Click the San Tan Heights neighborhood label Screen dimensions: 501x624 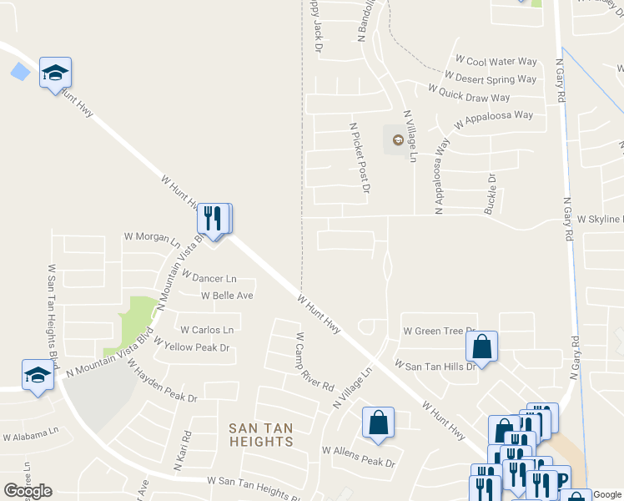click(x=261, y=434)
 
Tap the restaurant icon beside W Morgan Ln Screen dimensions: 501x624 click(x=214, y=220)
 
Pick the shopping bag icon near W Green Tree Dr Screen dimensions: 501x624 click(x=481, y=346)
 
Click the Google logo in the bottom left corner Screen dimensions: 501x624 click(x=28, y=490)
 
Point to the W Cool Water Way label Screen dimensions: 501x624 click(x=496, y=62)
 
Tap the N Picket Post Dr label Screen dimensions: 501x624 click(x=360, y=158)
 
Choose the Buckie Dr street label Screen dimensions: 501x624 click(x=491, y=194)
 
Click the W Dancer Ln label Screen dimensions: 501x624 click(x=209, y=278)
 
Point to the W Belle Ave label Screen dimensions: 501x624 click(x=227, y=296)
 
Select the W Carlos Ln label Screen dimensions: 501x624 click(x=207, y=330)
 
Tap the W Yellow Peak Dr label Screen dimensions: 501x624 click(x=191, y=347)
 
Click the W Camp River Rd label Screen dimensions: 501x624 click(x=315, y=363)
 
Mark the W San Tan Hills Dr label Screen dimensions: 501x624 click(x=435, y=366)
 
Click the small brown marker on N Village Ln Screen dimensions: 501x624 click(x=397, y=139)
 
